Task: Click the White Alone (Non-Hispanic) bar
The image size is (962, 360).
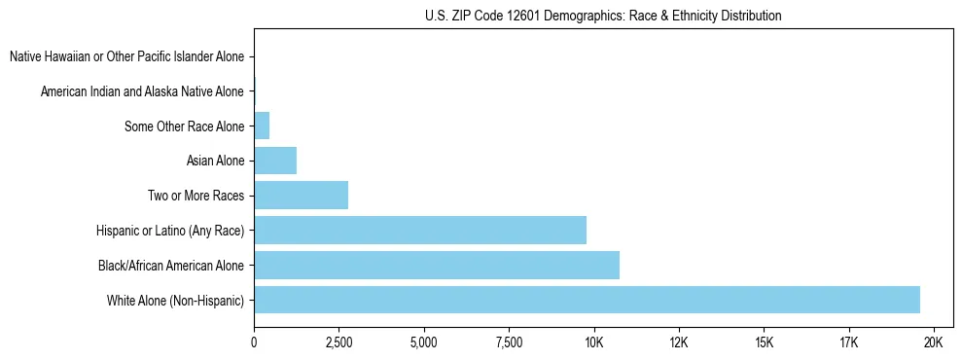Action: [587, 300]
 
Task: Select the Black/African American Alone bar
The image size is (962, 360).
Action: [437, 265]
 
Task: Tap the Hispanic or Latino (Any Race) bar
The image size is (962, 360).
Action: [420, 230]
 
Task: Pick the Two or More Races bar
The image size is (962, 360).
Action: [301, 195]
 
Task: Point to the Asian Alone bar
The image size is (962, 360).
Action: [275, 161]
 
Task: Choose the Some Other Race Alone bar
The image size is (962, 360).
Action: [262, 126]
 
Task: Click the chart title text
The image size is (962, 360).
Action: [603, 16]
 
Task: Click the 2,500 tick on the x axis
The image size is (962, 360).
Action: [338, 343]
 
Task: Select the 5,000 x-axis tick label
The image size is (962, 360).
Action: [424, 343]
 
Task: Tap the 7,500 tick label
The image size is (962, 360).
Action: [509, 343]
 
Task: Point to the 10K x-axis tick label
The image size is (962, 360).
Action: [593, 343]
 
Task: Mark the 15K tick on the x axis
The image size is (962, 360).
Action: [764, 343]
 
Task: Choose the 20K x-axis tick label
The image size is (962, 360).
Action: [934, 343]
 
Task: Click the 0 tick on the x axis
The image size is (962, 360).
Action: [254, 343]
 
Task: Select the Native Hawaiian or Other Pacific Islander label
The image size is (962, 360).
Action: [126, 57]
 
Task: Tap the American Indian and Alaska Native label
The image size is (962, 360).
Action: [142, 91]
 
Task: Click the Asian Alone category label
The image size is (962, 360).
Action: [215, 161]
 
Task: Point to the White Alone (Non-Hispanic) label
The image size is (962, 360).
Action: [175, 301]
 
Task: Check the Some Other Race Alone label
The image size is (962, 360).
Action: [184, 126]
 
